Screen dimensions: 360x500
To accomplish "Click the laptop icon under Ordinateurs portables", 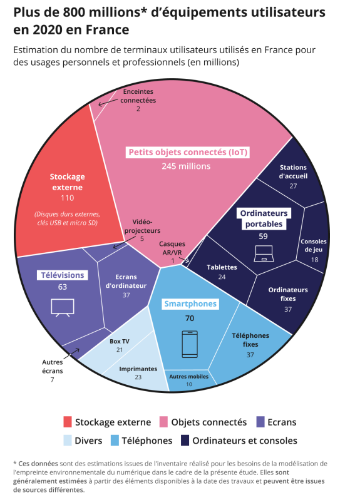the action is click(x=264, y=253).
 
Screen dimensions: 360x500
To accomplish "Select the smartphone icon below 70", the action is click(x=190, y=344).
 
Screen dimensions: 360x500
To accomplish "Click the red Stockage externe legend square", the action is click(x=68, y=422).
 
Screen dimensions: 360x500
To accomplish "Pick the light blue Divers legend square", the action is click(x=68, y=441).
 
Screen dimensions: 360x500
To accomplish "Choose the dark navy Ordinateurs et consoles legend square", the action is click(x=185, y=441).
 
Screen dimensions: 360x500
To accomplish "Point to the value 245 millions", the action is click(x=186, y=166).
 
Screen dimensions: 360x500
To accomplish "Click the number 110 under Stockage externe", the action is click(x=68, y=198).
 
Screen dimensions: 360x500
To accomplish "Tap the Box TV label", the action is click(x=120, y=341).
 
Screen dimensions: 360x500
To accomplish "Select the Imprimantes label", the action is click(x=138, y=369).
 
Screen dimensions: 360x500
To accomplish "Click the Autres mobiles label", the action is click(x=189, y=377).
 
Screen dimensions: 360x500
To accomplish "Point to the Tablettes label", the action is click(x=222, y=267).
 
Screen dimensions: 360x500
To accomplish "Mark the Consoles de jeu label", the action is click(x=314, y=245).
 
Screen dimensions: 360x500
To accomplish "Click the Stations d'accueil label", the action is click(x=293, y=171).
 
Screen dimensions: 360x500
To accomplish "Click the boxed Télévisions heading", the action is click(x=63, y=275).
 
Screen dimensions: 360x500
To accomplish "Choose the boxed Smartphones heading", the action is click(x=190, y=304).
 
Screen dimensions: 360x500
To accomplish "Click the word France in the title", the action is click(x=108, y=29).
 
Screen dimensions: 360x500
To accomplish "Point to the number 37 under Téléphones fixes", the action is click(x=250, y=355).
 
